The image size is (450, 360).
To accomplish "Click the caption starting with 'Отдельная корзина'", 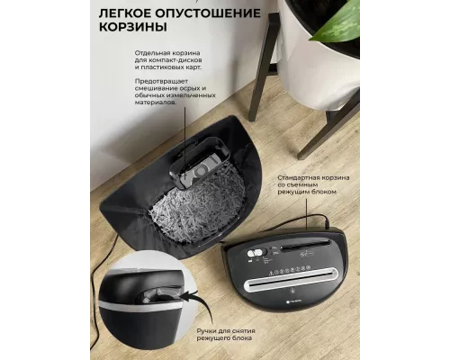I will tap(166, 59).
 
